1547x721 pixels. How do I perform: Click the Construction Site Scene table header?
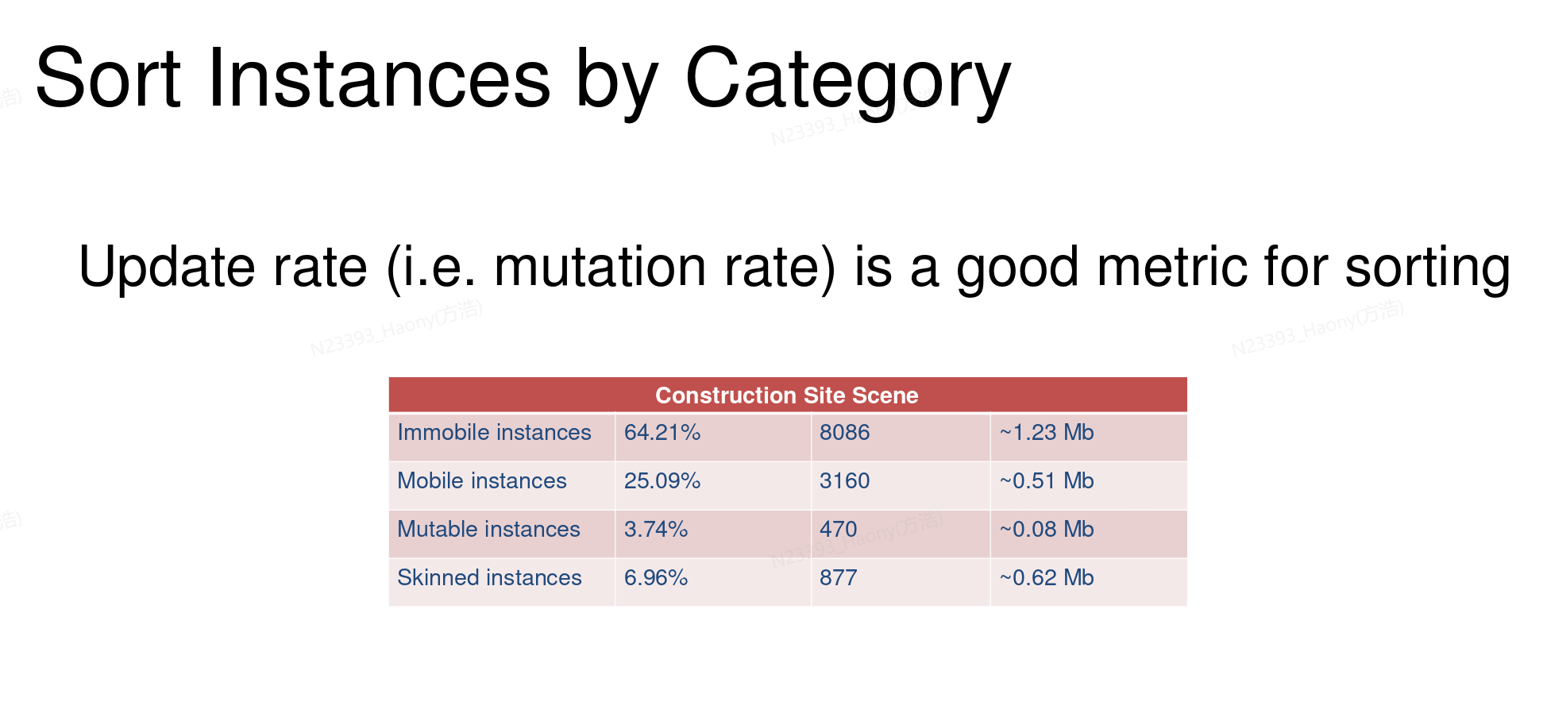786,395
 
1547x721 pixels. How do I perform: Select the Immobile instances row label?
494,433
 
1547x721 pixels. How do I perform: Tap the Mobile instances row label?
482,481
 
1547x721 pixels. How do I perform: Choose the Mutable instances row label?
488,530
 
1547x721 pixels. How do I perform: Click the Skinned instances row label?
489,578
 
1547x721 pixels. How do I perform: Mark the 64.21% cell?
662,433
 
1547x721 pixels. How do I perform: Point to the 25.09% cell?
662,481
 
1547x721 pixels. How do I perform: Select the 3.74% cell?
656,530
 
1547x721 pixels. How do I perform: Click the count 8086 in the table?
845,433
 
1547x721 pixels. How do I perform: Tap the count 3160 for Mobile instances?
845,481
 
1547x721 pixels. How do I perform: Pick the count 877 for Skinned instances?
839,578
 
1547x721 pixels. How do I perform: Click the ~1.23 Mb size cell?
1047,433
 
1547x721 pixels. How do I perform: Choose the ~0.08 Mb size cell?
1047,530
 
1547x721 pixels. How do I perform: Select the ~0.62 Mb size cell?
1047,578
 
